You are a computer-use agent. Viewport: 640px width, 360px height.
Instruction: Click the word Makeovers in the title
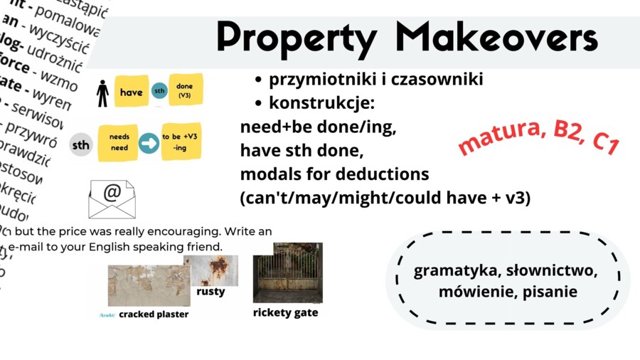point(496,37)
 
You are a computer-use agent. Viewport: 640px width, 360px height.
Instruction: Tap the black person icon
point(102,92)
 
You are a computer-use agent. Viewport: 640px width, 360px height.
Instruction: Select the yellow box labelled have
point(131,92)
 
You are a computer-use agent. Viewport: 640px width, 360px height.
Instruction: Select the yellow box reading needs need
point(119,143)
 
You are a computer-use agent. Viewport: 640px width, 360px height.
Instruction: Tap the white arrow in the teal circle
point(149,144)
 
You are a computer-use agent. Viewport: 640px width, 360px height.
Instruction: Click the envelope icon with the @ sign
point(112,198)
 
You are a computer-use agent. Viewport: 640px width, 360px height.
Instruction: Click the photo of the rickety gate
point(287,272)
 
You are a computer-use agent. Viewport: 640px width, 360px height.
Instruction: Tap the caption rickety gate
point(285,312)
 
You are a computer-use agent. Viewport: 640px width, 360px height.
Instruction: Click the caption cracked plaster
point(154,314)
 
